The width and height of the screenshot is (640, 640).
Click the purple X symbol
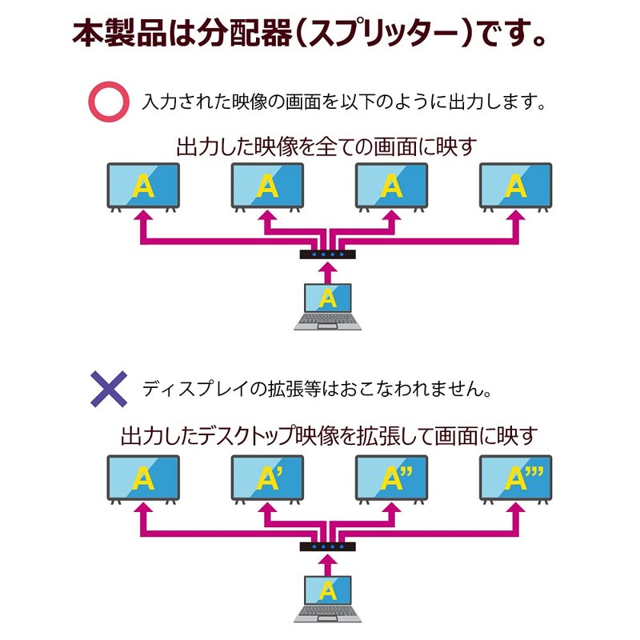coord(109,389)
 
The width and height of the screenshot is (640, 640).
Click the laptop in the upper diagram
coord(328,306)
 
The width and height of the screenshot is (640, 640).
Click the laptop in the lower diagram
coord(328,598)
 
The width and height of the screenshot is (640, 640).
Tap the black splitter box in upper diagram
coord(328,254)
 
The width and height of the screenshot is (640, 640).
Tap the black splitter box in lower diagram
coord(328,546)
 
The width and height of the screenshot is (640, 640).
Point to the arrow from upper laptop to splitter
coord(328,272)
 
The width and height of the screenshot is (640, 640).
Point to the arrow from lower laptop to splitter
coord(328,565)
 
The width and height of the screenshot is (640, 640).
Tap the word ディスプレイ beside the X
coord(195,389)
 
